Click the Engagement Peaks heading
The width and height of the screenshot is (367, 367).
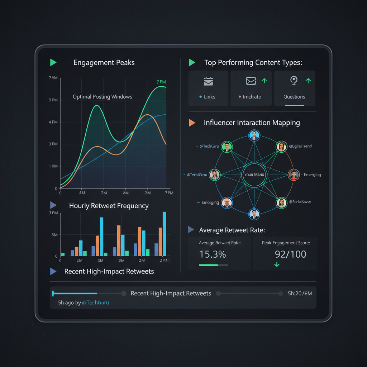(x=104, y=63)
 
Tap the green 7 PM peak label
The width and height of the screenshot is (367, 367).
(x=161, y=82)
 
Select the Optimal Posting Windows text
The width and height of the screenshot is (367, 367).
(x=103, y=97)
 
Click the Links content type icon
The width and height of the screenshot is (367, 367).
(x=208, y=81)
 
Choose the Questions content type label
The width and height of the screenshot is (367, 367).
(x=294, y=97)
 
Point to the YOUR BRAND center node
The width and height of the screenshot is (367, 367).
(x=254, y=175)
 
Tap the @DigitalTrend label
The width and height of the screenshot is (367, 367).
(x=300, y=146)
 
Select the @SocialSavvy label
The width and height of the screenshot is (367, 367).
(x=300, y=202)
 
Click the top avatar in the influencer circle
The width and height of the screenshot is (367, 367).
(x=254, y=136)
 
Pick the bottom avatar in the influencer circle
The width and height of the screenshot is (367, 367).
(x=254, y=214)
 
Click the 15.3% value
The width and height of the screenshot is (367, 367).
(x=213, y=254)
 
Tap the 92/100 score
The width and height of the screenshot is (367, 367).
(x=290, y=254)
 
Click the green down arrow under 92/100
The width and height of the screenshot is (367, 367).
(x=277, y=264)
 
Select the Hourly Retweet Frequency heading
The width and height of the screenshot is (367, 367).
(x=109, y=206)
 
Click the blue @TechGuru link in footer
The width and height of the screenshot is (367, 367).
(x=95, y=302)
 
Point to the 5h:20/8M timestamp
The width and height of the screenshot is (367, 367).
(x=300, y=294)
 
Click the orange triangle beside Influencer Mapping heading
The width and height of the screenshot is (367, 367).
(x=192, y=123)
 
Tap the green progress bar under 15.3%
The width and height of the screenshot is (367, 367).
(x=208, y=265)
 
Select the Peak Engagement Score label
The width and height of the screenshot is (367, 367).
(x=286, y=243)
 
